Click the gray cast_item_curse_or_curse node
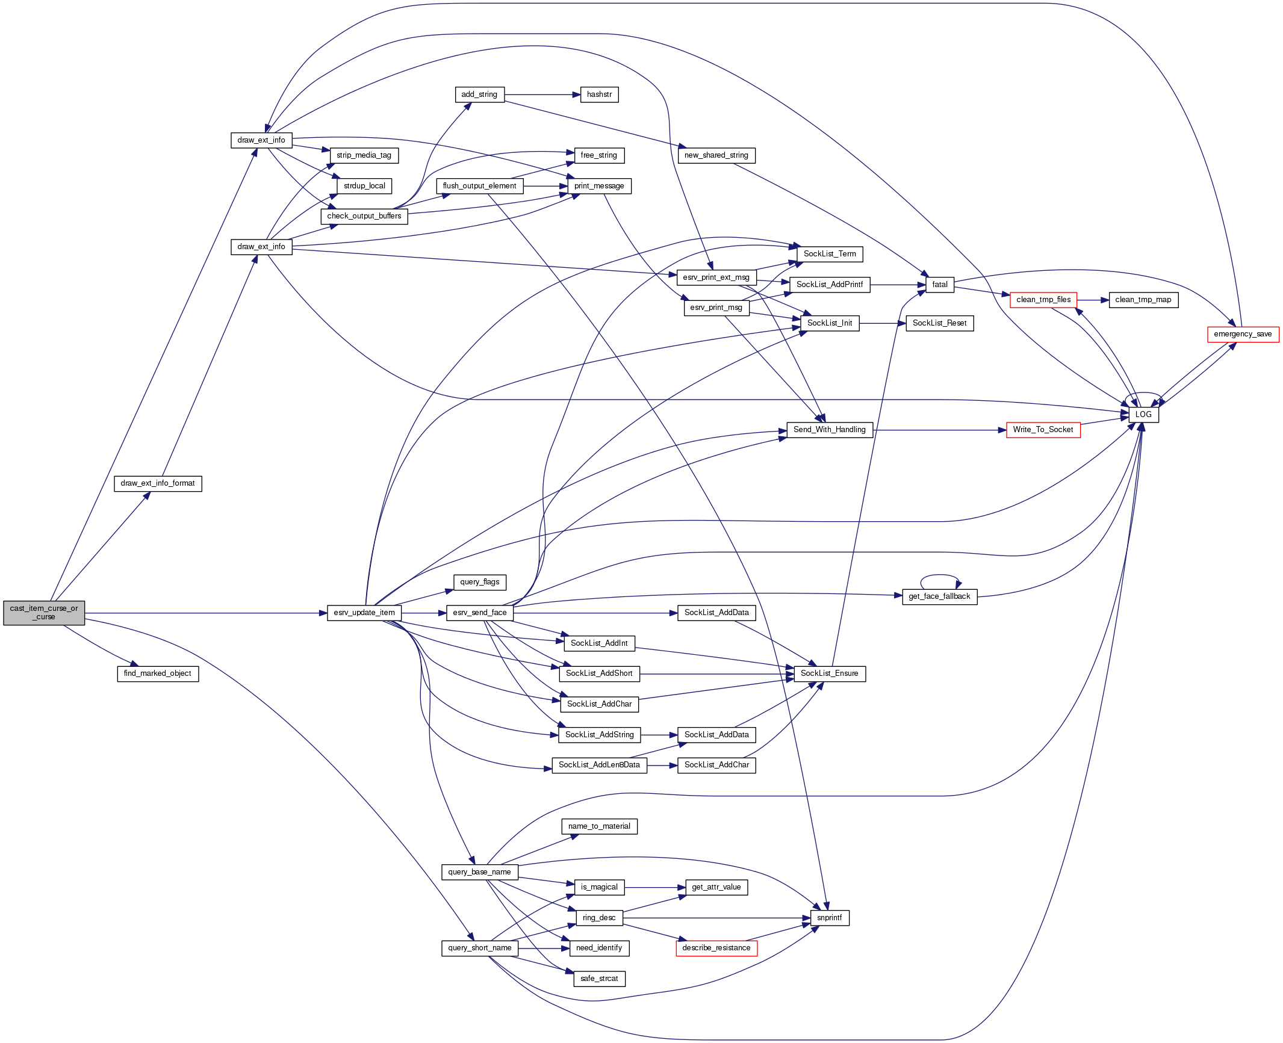[x=44, y=613]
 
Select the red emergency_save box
[x=1243, y=334]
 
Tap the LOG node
[x=1143, y=414]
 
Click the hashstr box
[x=599, y=94]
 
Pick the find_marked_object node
[x=157, y=673]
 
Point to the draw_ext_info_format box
[x=158, y=483]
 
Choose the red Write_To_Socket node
[x=1043, y=430]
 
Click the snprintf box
[x=829, y=918]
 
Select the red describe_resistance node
[x=716, y=948]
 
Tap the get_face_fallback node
[x=939, y=596]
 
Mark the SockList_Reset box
[x=939, y=323]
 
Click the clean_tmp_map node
[x=1143, y=300]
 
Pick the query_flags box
[x=479, y=582]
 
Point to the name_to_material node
[x=599, y=826]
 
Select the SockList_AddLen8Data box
[x=599, y=765]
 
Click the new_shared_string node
[x=716, y=155]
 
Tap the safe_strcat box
[x=599, y=979]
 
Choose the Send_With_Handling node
[x=829, y=430]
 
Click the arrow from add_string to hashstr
[x=542, y=94]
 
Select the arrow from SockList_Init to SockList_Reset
[x=882, y=323]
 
